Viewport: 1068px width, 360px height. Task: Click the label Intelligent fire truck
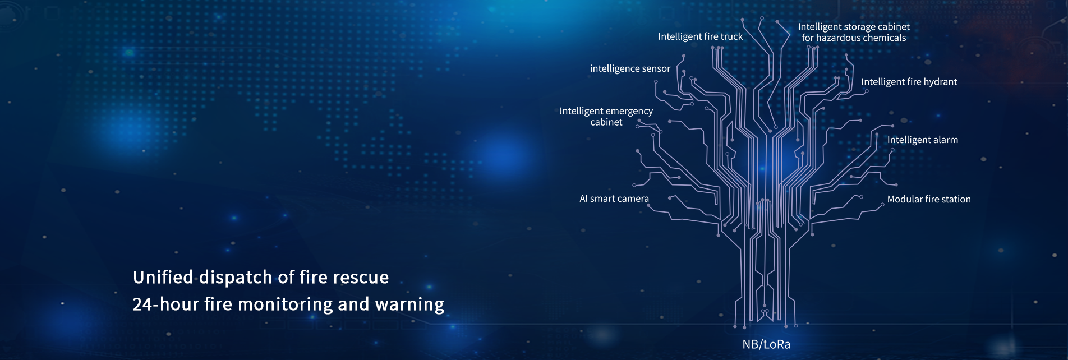pyautogui.click(x=701, y=37)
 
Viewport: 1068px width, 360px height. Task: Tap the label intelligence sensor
pyautogui.click(x=630, y=69)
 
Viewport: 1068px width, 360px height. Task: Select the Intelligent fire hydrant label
pyautogui.click(x=909, y=82)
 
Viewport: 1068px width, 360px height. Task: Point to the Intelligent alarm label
pyautogui.click(x=923, y=140)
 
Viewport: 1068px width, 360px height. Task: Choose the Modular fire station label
pyautogui.click(x=929, y=199)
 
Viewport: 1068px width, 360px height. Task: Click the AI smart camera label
pyautogui.click(x=614, y=199)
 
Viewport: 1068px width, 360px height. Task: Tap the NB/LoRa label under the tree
pyautogui.click(x=766, y=344)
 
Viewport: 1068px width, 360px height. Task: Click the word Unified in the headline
pyautogui.click(x=163, y=277)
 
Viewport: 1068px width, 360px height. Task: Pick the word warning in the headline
pyautogui.click(x=409, y=304)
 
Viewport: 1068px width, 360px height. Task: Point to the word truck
pyautogui.click(x=731, y=37)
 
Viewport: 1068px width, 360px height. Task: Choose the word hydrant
pyautogui.click(x=940, y=82)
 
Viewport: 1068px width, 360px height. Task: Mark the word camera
pyautogui.click(x=633, y=199)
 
